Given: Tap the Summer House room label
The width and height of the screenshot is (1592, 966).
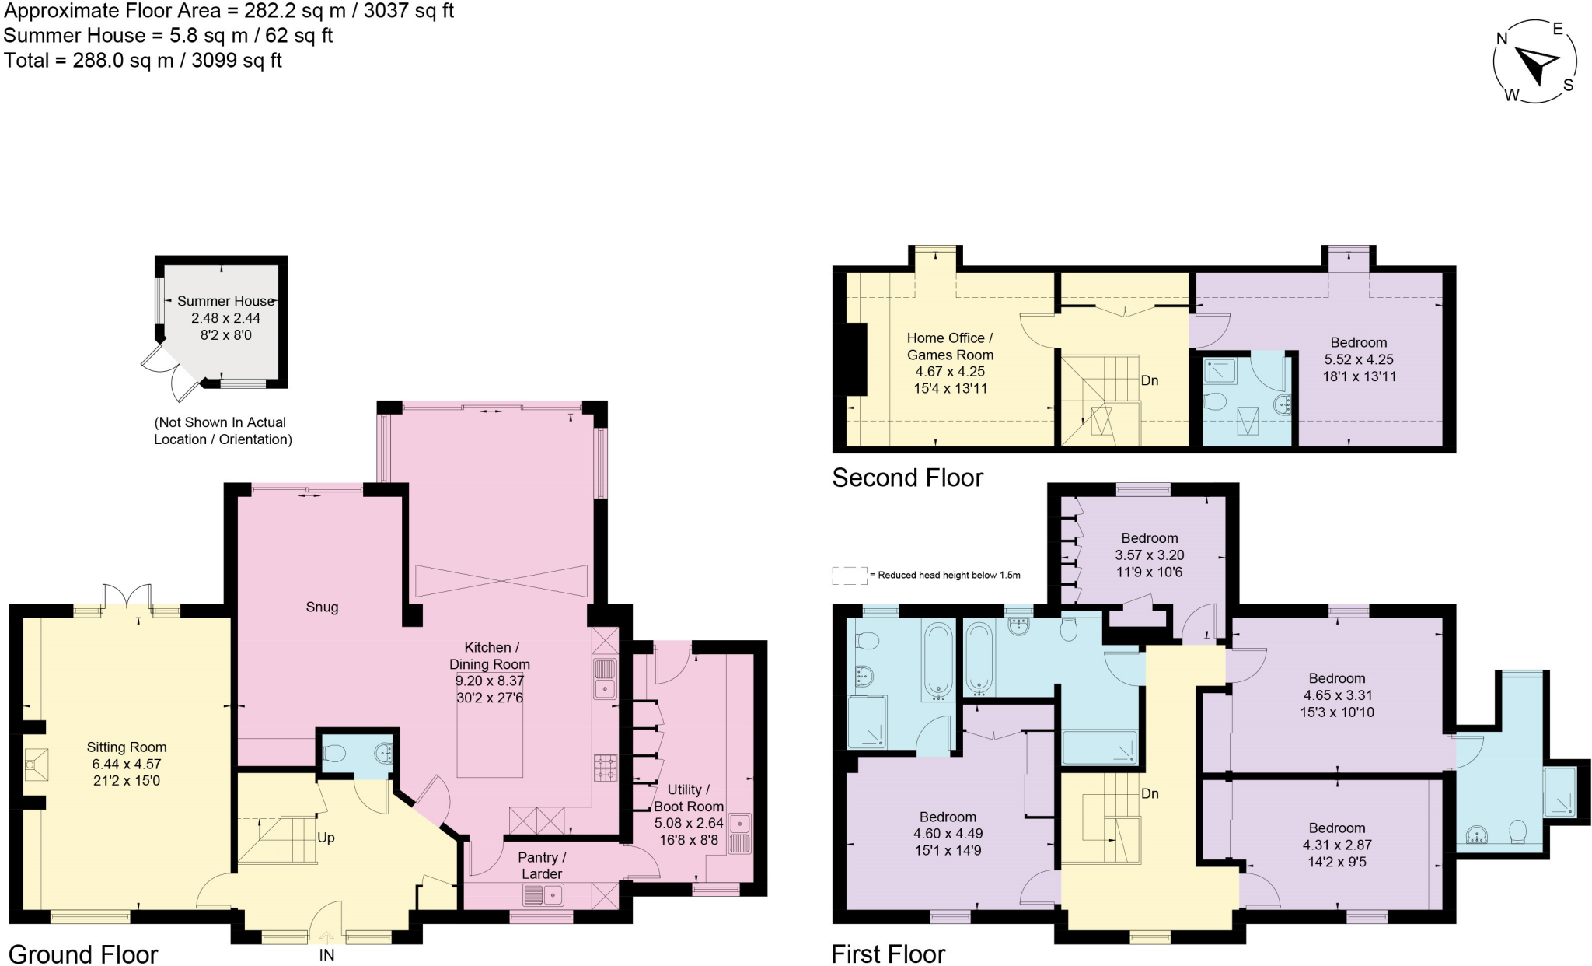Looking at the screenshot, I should pos(225,302).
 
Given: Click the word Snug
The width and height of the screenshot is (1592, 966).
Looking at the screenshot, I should pos(322,607).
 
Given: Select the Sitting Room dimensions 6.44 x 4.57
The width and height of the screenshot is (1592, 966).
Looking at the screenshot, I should pos(126,765).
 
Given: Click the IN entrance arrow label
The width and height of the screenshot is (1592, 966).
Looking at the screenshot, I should pos(326,954).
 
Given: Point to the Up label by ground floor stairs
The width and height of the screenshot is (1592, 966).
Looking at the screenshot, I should pos(326,838).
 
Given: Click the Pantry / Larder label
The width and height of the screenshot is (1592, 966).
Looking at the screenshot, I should pos(542,865).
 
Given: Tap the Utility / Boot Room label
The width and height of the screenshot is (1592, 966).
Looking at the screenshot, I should pos(688,798).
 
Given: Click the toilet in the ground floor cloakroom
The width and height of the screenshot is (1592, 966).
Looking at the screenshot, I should pos(335,753).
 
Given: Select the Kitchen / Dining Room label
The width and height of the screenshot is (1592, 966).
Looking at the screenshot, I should pos(490,656).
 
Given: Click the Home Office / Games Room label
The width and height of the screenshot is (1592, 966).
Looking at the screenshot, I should pos(950,346).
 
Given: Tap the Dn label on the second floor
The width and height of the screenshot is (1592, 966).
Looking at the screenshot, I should pos(1150,380).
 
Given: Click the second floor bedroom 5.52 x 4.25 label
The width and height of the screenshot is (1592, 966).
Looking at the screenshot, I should pos(1358,343).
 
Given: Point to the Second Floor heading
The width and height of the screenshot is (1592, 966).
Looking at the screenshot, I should pos(907,478).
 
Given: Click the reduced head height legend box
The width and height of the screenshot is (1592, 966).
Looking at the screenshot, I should pos(849,576).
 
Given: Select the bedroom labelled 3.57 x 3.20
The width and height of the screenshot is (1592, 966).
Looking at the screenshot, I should pos(1149,538).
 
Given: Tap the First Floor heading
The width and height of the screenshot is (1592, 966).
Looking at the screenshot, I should pos(888,954).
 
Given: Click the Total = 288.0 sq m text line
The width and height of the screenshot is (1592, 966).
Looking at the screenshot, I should pos(143,61).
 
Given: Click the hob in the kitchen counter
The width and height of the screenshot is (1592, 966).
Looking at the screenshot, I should pos(605,768).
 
